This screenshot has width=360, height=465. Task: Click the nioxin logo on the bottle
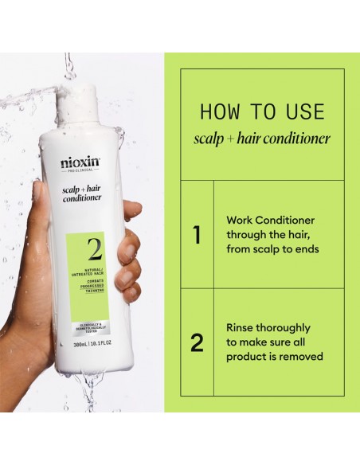point(81,163)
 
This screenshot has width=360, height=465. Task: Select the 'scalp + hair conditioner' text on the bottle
point(83,192)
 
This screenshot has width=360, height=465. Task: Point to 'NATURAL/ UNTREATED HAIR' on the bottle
point(84,275)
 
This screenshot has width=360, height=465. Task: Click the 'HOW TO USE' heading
point(262,111)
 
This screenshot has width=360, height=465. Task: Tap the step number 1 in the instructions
point(197,235)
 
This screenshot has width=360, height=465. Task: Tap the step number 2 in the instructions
point(197,342)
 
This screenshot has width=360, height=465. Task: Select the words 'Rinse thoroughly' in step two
point(268,327)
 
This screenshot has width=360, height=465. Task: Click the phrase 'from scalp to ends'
point(272,249)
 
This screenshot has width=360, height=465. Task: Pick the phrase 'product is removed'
point(275,357)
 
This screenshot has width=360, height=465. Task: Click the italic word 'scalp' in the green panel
point(209,139)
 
